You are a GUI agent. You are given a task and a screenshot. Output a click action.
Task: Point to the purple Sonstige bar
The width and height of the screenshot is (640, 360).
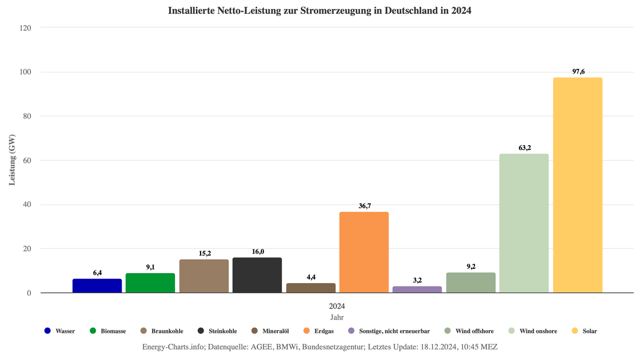(417, 289)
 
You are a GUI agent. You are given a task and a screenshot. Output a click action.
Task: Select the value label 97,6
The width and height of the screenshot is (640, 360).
(578, 71)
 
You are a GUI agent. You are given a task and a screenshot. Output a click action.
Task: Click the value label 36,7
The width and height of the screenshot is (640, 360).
(364, 205)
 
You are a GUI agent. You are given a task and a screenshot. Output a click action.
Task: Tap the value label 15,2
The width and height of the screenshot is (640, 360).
(204, 253)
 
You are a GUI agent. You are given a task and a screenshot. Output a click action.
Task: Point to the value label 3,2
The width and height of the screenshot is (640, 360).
(417, 280)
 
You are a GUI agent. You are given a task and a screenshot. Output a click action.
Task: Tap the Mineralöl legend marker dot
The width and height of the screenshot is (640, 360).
(255, 331)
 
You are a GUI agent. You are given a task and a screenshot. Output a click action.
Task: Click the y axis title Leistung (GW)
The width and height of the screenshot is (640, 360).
(12, 160)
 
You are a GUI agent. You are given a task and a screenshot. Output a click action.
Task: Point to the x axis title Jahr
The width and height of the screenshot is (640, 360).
(337, 317)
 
